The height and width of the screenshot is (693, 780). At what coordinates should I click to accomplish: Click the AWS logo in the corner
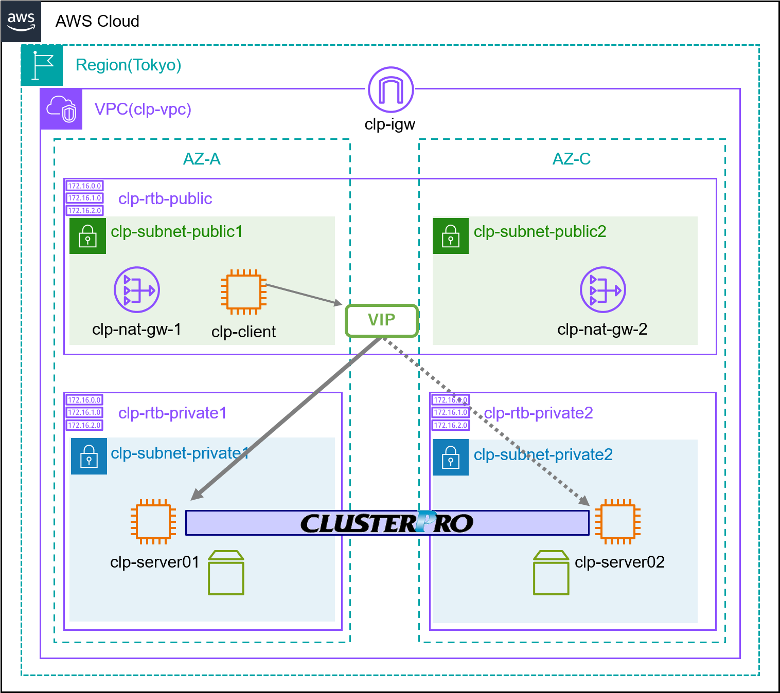point(21,22)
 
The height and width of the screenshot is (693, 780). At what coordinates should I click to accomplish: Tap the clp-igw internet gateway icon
point(391,90)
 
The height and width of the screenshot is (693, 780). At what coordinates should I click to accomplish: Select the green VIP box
point(381,321)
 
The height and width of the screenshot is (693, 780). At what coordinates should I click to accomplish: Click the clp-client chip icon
point(244,291)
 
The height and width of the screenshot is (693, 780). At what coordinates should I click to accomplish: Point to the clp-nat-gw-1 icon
point(137,290)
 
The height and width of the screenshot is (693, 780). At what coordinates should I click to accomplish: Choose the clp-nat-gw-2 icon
point(602,290)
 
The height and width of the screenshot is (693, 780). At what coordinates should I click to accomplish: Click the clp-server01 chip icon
point(153,521)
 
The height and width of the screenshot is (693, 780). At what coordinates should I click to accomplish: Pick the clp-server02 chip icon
point(618,521)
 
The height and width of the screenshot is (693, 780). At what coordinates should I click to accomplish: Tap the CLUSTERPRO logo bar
point(387,523)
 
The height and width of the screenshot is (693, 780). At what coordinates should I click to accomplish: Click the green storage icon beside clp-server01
point(226,573)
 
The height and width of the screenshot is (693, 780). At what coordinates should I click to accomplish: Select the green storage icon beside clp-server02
point(551,573)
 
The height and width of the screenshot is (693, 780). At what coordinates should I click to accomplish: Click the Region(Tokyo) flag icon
point(42,65)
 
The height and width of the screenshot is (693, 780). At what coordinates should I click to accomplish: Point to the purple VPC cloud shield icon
point(61,109)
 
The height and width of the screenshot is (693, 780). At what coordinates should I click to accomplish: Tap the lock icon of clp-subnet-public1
point(88,236)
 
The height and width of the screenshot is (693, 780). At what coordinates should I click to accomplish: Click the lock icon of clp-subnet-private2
point(451,457)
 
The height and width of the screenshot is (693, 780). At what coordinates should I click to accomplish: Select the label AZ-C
point(571,159)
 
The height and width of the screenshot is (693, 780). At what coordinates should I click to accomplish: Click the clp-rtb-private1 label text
point(172,413)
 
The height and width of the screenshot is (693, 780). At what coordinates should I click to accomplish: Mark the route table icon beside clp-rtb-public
point(84,198)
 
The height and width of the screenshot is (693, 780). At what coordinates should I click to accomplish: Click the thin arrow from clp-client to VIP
point(304,294)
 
